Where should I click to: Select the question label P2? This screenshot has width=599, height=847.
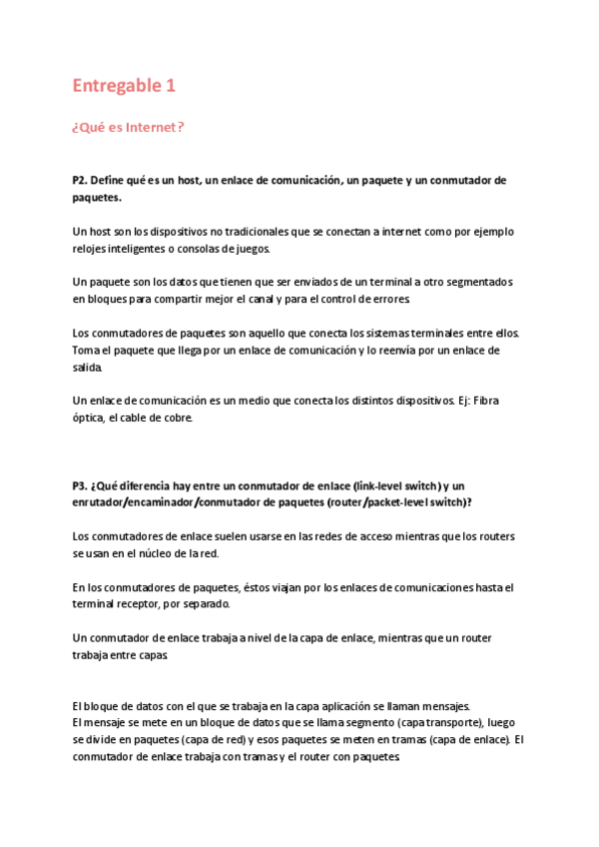coord(81,180)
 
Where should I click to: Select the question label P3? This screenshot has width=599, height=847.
coord(81,485)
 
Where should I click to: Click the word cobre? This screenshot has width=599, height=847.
coord(171,419)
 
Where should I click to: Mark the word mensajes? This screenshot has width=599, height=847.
coord(458,704)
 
